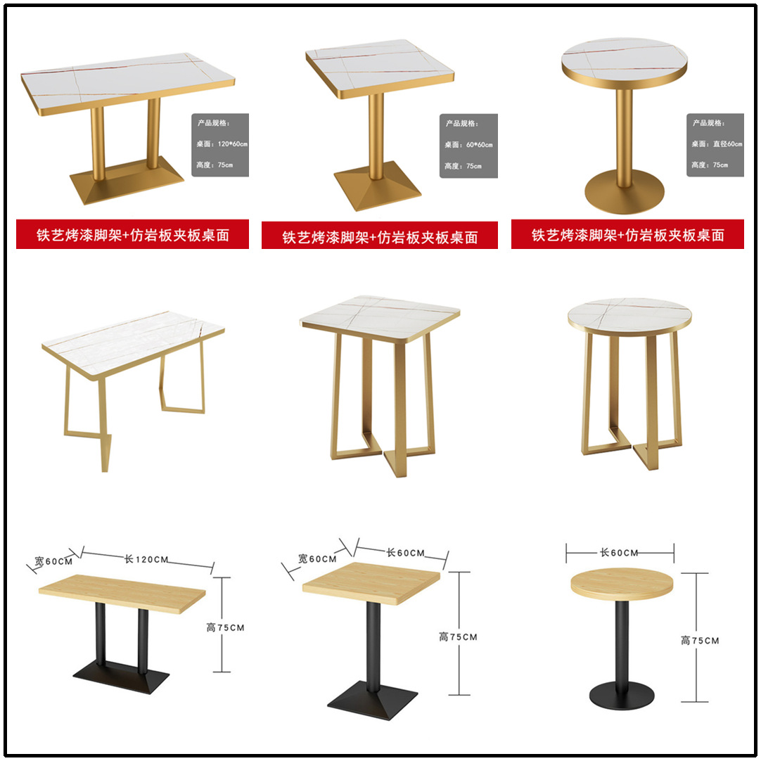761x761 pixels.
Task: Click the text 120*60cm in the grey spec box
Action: click(233, 144)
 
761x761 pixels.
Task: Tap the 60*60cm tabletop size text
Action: click(478, 145)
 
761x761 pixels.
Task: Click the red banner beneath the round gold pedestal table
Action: click(627, 235)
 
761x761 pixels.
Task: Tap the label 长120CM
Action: click(146, 560)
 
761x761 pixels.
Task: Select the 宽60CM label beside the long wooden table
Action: click(53, 562)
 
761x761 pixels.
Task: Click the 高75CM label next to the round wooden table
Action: click(700, 641)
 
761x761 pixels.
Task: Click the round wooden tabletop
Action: click(621, 584)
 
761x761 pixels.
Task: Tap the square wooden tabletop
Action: click(371, 582)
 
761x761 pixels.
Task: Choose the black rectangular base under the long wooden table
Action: click(121, 677)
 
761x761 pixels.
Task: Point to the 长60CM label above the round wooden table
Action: click(619, 553)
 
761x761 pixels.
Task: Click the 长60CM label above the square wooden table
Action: click(405, 553)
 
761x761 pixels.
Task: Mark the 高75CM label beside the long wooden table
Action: click(225, 627)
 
